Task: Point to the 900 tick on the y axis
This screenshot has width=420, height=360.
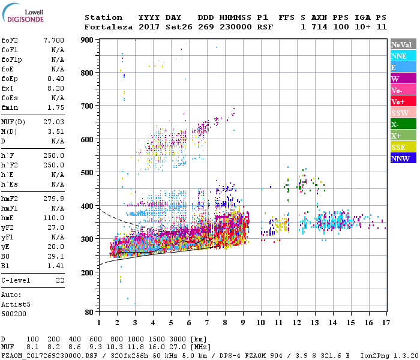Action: pos(88,40)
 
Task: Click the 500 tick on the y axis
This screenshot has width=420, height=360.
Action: pos(88,173)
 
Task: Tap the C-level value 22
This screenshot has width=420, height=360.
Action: pos(59,280)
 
